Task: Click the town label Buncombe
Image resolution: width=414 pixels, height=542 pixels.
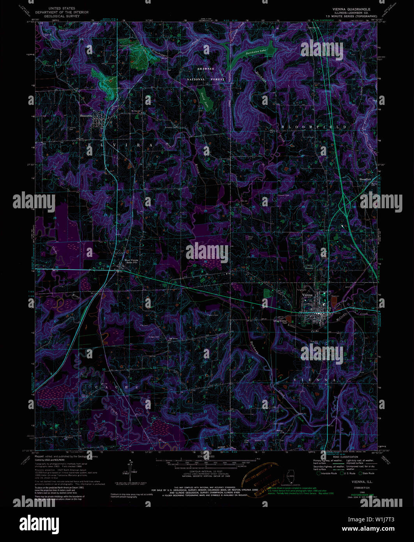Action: click(x=86, y=115)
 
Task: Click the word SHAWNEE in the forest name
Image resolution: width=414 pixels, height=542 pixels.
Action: click(x=205, y=68)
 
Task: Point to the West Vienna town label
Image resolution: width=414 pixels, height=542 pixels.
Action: click(x=131, y=260)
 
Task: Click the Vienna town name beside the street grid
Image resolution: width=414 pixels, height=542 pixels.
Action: click(x=308, y=295)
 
